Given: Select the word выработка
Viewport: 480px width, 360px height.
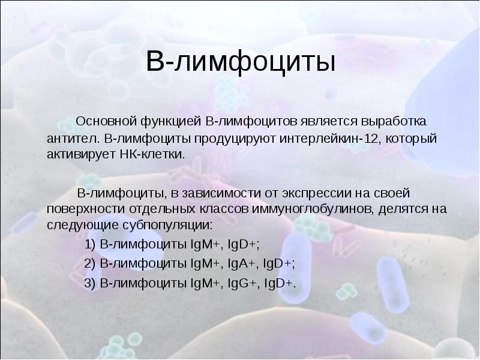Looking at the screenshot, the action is point(394,122).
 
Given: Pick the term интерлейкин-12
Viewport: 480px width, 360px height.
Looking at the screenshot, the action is point(329,139).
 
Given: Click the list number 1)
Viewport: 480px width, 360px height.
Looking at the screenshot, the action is point(90,245).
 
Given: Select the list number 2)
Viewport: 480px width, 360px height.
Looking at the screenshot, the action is point(90,264).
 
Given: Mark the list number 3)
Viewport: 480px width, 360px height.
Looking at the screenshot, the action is point(90,283).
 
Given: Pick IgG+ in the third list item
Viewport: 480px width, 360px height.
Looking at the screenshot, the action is point(242,283).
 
